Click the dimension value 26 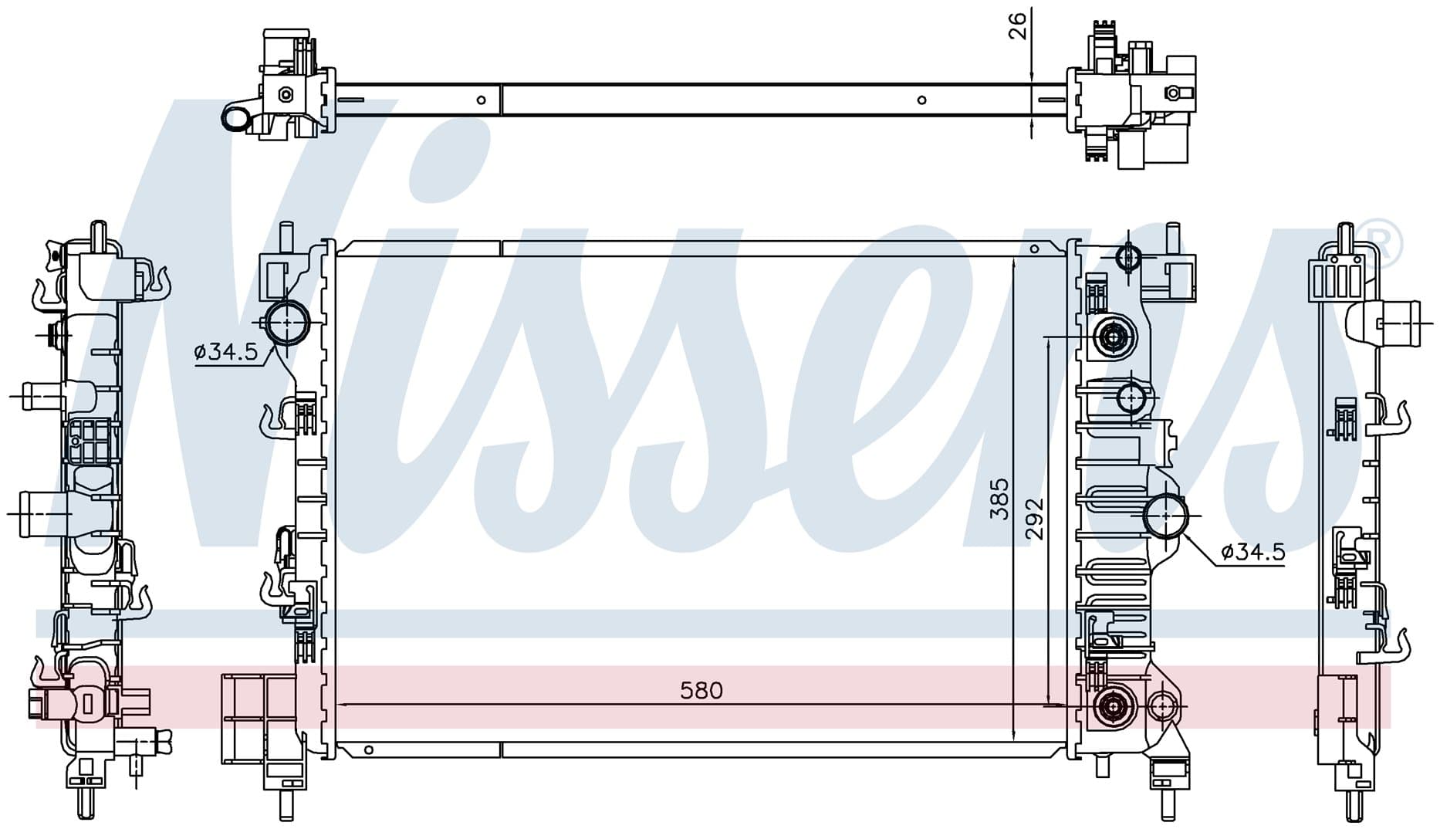(1018, 25)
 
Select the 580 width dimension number (701, 690)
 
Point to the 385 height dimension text (999, 499)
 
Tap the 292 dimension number (1034, 518)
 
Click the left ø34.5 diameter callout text (225, 352)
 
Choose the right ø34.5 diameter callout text (1253, 551)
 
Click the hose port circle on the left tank (286, 323)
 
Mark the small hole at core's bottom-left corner (369, 749)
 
